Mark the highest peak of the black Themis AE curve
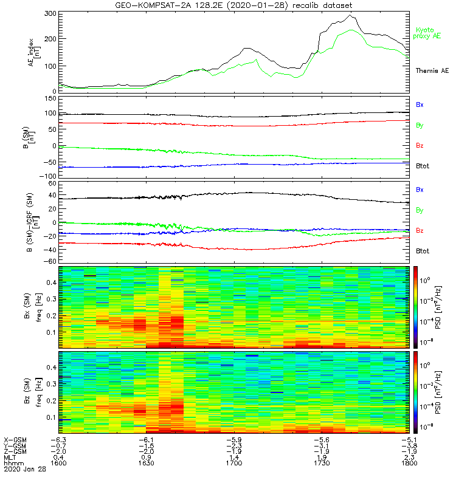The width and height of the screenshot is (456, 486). [x=351, y=15]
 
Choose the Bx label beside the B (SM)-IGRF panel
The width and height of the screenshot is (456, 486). [x=420, y=190]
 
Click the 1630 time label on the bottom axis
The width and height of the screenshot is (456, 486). [x=147, y=463]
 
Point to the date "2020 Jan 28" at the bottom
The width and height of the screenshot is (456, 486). [x=21, y=470]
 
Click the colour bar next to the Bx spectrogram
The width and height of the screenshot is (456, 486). [x=416, y=306]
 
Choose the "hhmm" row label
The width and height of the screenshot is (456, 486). [x=13, y=463]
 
